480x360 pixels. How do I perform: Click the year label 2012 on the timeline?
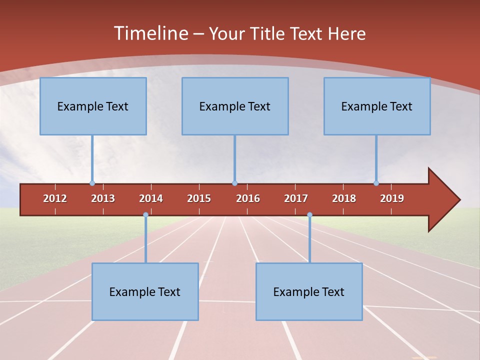click(x=55, y=198)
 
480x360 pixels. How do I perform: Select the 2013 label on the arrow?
click(x=103, y=198)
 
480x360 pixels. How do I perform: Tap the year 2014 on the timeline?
click(x=151, y=198)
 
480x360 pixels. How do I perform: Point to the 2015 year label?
click(x=199, y=198)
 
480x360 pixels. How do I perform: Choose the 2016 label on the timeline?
click(x=248, y=198)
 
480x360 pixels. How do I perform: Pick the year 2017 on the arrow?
click(x=296, y=198)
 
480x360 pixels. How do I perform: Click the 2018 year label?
click(x=344, y=198)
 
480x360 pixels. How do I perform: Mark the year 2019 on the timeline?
click(x=392, y=198)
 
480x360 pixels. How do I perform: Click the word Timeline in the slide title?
click(x=150, y=33)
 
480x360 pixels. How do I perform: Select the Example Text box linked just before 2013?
click(x=93, y=106)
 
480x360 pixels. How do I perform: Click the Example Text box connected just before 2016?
click(x=235, y=106)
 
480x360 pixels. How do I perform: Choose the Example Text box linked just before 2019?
click(x=377, y=106)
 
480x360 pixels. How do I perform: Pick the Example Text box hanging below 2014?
click(x=145, y=291)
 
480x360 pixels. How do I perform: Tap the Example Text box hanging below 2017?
click(x=309, y=291)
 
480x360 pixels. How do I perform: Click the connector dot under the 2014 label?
click(x=145, y=215)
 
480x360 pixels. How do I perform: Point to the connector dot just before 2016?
click(x=235, y=183)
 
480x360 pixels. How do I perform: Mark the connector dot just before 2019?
click(x=376, y=183)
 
